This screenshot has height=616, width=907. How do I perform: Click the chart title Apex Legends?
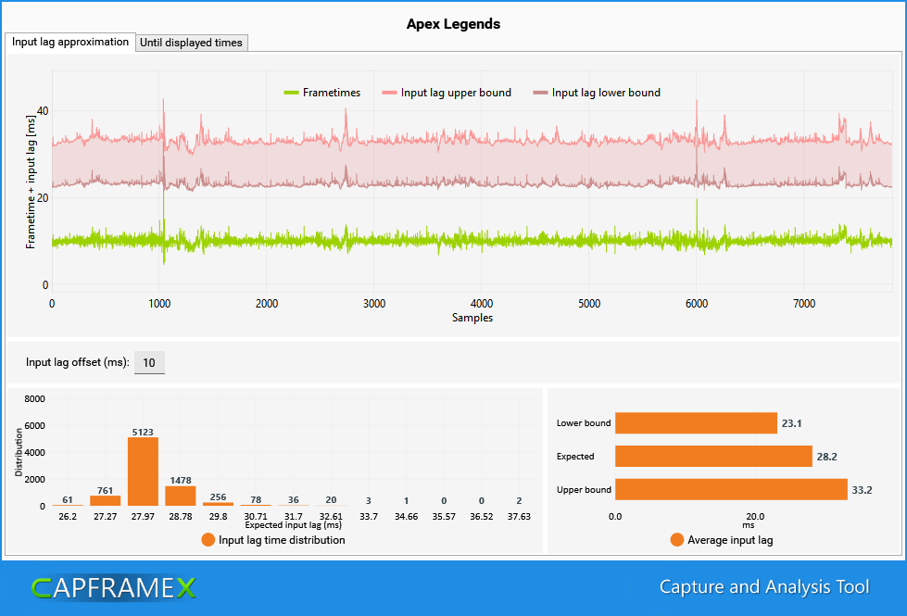tap(453, 24)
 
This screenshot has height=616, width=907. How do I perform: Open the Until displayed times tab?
tap(192, 43)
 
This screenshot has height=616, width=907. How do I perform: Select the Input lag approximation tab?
tap(70, 43)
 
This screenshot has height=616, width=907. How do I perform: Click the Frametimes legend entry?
tap(322, 93)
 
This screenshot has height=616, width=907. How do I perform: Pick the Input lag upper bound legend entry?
tap(447, 93)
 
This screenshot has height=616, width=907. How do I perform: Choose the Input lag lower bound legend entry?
tap(597, 93)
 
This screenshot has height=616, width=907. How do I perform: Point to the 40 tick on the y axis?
tap(43, 110)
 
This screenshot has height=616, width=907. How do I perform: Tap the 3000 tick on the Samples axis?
tap(374, 304)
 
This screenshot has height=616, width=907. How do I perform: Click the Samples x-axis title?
tap(472, 318)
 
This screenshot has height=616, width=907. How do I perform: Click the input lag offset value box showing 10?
tap(149, 363)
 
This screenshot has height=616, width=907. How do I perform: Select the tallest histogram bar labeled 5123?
tap(143, 471)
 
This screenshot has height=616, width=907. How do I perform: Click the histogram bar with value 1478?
tap(181, 496)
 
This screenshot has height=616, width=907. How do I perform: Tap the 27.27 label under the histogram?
tap(106, 517)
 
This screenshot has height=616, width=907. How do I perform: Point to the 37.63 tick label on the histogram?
tap(519, 517)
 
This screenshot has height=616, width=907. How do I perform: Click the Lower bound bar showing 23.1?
tap(696, 422)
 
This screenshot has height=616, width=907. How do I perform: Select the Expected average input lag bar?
tap(713, 457)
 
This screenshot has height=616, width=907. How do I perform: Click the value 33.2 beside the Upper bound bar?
tap(862, 490)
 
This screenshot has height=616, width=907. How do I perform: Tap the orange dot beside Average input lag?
tap(677, 540)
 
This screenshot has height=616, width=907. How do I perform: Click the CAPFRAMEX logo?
tap(114, 588)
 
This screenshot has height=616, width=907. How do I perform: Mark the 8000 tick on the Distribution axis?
tap(34, 398)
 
